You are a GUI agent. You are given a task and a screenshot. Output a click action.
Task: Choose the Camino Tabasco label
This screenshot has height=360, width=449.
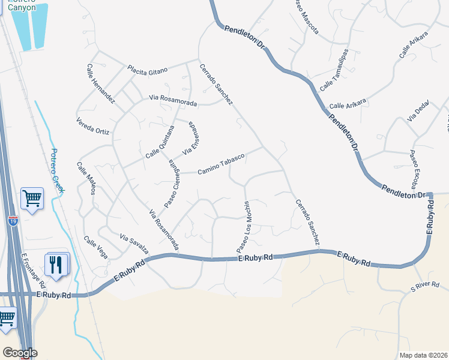221,164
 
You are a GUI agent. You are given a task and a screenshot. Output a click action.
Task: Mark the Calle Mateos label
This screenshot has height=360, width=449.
86,178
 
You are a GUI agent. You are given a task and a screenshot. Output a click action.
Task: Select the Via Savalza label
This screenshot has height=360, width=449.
134,242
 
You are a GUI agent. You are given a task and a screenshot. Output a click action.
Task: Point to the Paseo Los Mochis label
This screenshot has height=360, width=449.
243,227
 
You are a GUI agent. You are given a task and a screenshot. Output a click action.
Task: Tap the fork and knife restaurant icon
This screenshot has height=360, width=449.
56,265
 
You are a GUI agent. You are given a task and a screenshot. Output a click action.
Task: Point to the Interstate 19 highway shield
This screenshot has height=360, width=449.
13,221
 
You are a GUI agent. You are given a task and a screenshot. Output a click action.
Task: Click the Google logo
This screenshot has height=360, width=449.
20,352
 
